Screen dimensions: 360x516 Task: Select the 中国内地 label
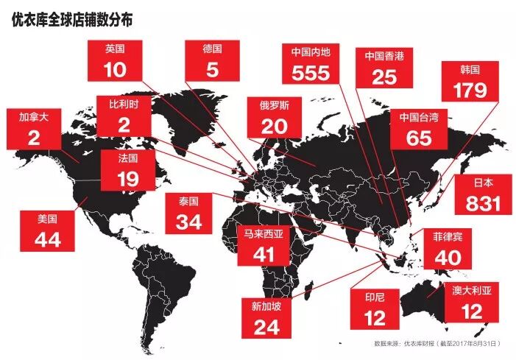(310, 53)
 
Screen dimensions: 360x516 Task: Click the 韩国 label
(470, 70)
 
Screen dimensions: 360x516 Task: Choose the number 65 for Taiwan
(419, 137)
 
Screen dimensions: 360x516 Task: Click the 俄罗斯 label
(274, 106)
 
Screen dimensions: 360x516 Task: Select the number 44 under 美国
(48, 238)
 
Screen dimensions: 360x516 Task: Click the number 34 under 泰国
(189, 220)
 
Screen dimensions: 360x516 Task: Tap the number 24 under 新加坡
(266, 326)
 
